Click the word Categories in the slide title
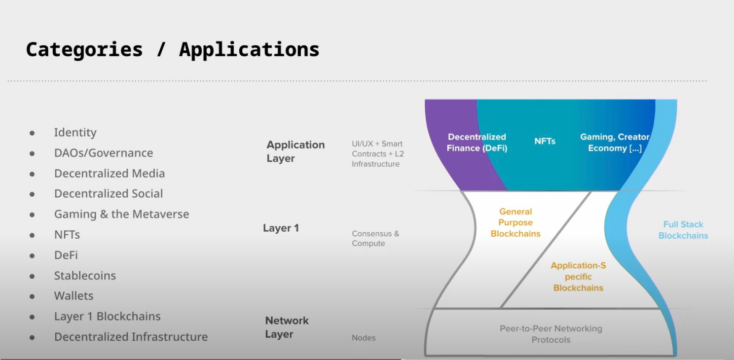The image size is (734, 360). pos(84,50)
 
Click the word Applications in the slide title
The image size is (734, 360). pos(249,50)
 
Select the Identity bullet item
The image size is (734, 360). pos(75,133)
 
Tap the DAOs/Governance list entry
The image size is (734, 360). pos(104,153)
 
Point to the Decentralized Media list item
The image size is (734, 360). pos(110,174)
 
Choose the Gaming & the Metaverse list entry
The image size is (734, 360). pos(121,214)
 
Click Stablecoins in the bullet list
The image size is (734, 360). pos(85,276)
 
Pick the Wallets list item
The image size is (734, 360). pos(73,296)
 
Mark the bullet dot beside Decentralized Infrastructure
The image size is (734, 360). pos(32,337)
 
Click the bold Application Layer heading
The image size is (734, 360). pos(295,151)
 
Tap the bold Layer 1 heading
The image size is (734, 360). pos(281,228)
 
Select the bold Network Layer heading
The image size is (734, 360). pos(287,327)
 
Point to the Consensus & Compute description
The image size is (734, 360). pos(375,239)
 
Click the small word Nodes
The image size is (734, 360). pos(364,338)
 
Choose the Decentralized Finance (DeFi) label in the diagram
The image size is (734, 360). pos(477,143)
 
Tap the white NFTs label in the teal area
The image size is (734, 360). pos(545,141)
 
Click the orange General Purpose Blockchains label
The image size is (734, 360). pos(515,222)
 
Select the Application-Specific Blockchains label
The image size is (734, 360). pos(578,277)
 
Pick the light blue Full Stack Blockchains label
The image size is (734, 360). pos(683,230)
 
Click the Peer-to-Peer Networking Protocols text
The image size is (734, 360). pos(550,334)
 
